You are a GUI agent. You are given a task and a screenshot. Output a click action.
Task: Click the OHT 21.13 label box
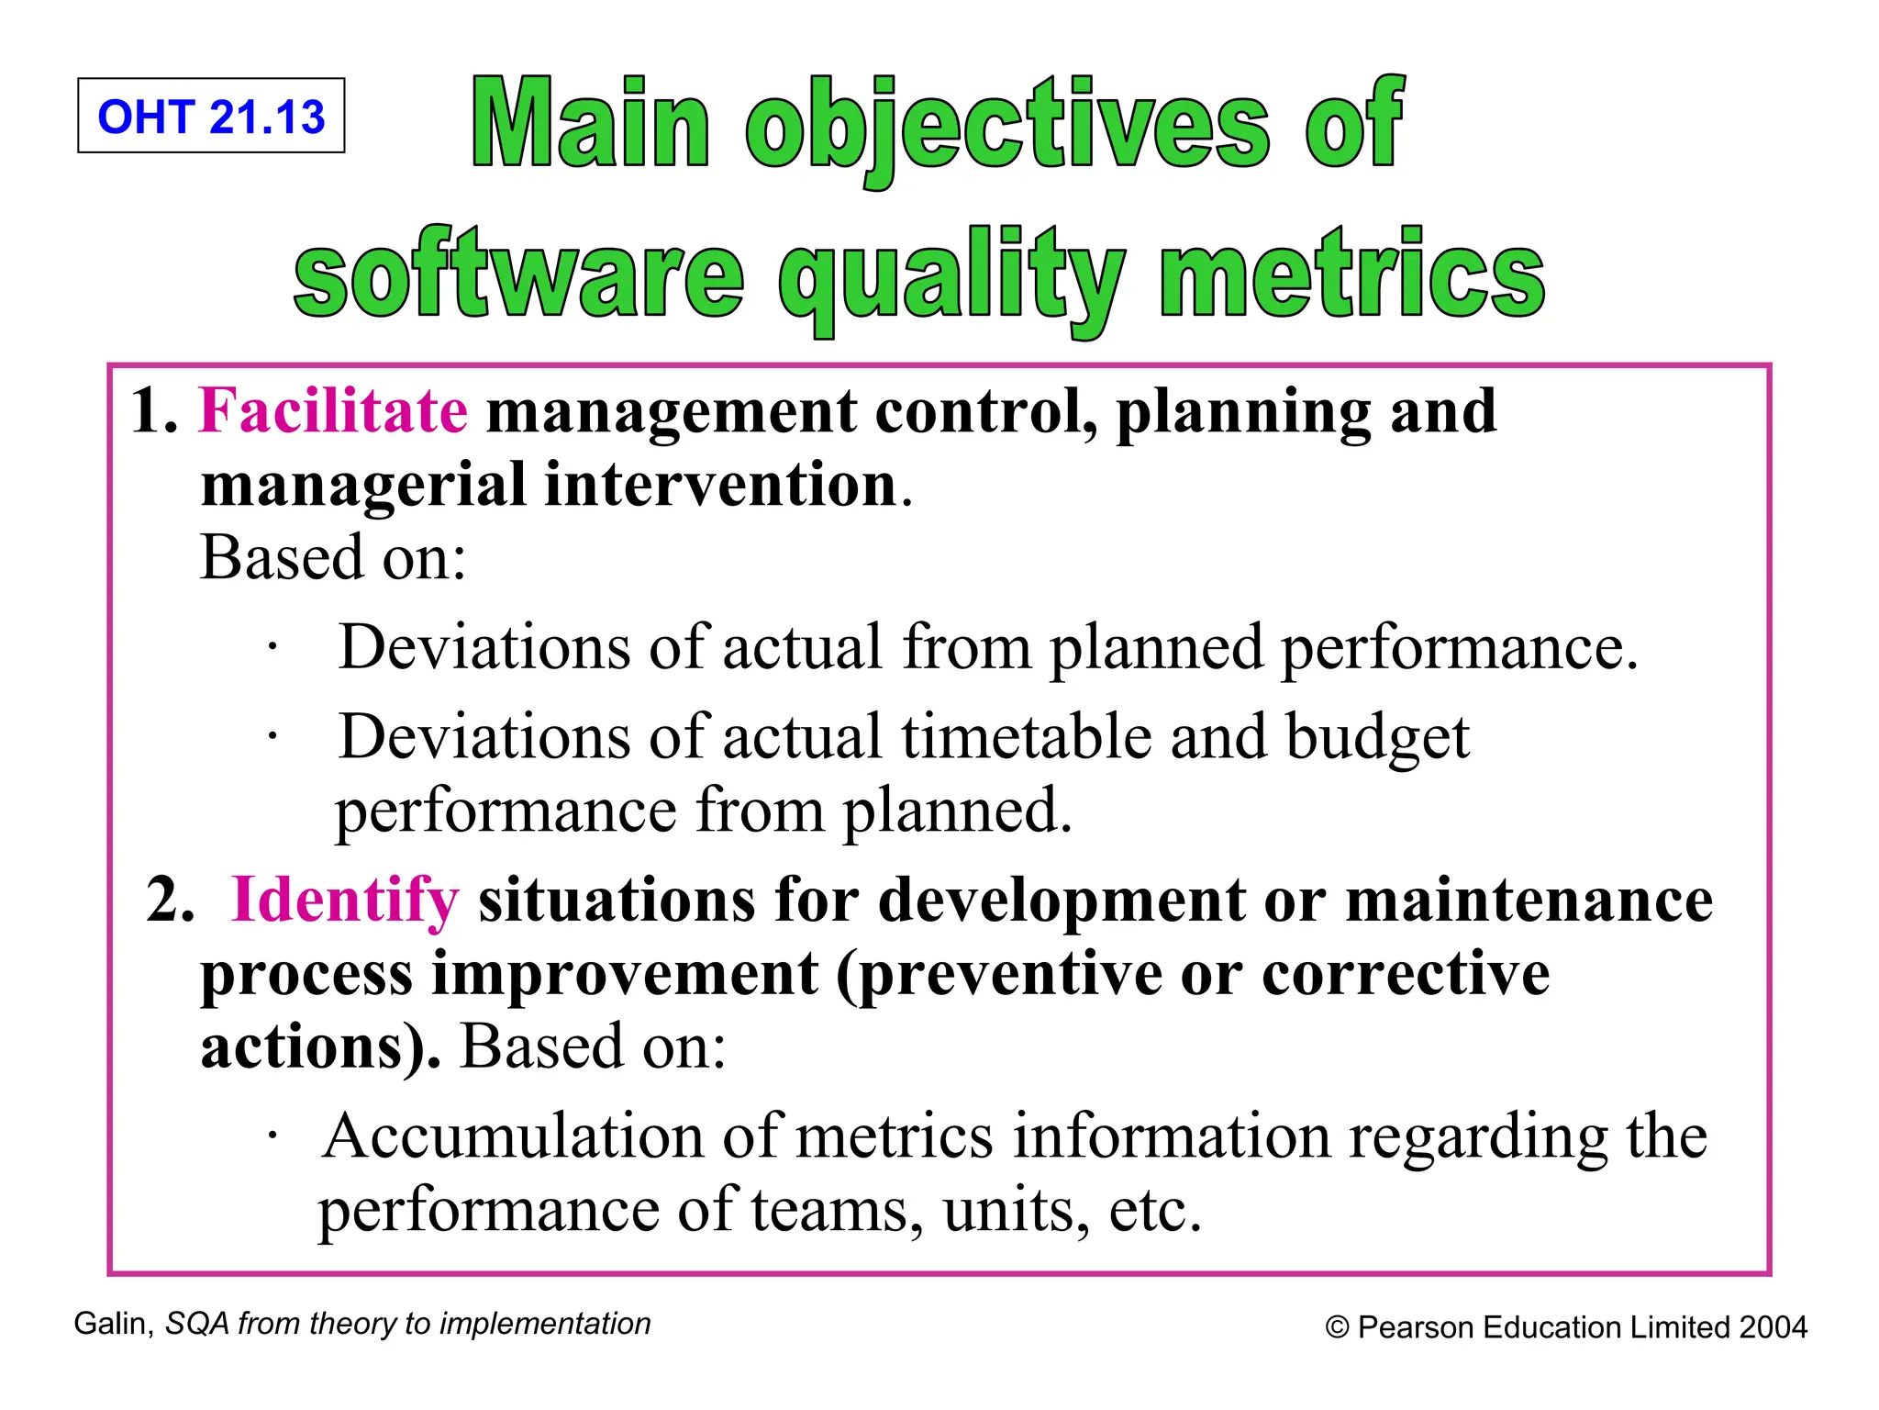click(x=211, y=116)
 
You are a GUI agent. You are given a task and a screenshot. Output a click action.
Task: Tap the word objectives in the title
click(x=1007, y=127)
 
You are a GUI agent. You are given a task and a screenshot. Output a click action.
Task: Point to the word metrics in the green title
click(x=1351, y=274)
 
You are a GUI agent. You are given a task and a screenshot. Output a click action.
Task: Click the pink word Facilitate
click(x=333, y=410)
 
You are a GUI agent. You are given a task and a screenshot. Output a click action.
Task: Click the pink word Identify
click(x=344, y=900)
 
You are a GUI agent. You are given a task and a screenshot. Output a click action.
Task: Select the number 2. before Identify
click(x=171, y=900)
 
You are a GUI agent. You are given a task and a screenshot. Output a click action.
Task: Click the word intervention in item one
click(x=720, y=485)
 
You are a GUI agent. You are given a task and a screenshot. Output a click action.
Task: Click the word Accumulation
click(x=513, y=1136)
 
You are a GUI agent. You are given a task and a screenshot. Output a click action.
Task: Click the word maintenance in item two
click(x=1529, y=900)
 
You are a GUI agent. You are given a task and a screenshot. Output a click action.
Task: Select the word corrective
click(x=1406, y=973)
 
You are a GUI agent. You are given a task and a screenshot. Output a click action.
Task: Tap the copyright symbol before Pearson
click(x=1337, y=1328)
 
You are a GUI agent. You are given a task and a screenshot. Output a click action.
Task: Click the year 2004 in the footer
click(x=1773, y=1327)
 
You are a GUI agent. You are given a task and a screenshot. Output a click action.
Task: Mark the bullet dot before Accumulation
click(x=272, y=1137)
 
